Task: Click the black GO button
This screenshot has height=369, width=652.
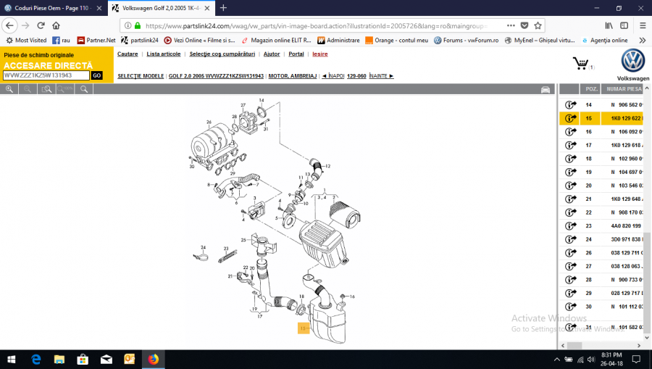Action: (x=97, y=75)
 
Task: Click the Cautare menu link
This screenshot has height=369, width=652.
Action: (x=128, y=54)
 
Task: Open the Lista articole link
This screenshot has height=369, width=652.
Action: (x=164, y=54)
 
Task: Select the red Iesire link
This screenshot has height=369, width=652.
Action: (x=320, y=54)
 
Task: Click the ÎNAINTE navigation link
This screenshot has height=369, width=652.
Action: (x=381, y=75)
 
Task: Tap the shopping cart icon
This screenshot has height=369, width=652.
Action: (x=580, y=64)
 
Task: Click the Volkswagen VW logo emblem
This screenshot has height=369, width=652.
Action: (x=632, y=61)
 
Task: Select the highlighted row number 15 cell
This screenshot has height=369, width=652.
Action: (x=589, y=118)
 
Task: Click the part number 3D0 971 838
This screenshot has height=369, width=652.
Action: (x=627, y=239)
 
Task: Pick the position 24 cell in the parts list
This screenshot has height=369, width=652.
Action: (x=589, y=239)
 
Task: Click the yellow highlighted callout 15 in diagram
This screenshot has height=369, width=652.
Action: (x=303, y=328)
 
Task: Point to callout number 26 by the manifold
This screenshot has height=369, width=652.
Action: (x=208, y=122)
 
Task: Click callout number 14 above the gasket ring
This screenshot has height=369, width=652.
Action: (x=262, y=100)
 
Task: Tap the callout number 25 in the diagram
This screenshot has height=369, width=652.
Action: (x=244, y=240)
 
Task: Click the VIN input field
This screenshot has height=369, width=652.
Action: (x=46, y=75)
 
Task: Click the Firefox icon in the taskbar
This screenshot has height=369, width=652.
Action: (x=153, y=359)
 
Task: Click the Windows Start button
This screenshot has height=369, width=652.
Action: (x=12, y=359)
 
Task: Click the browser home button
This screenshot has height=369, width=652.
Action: (x=56, y=25)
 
